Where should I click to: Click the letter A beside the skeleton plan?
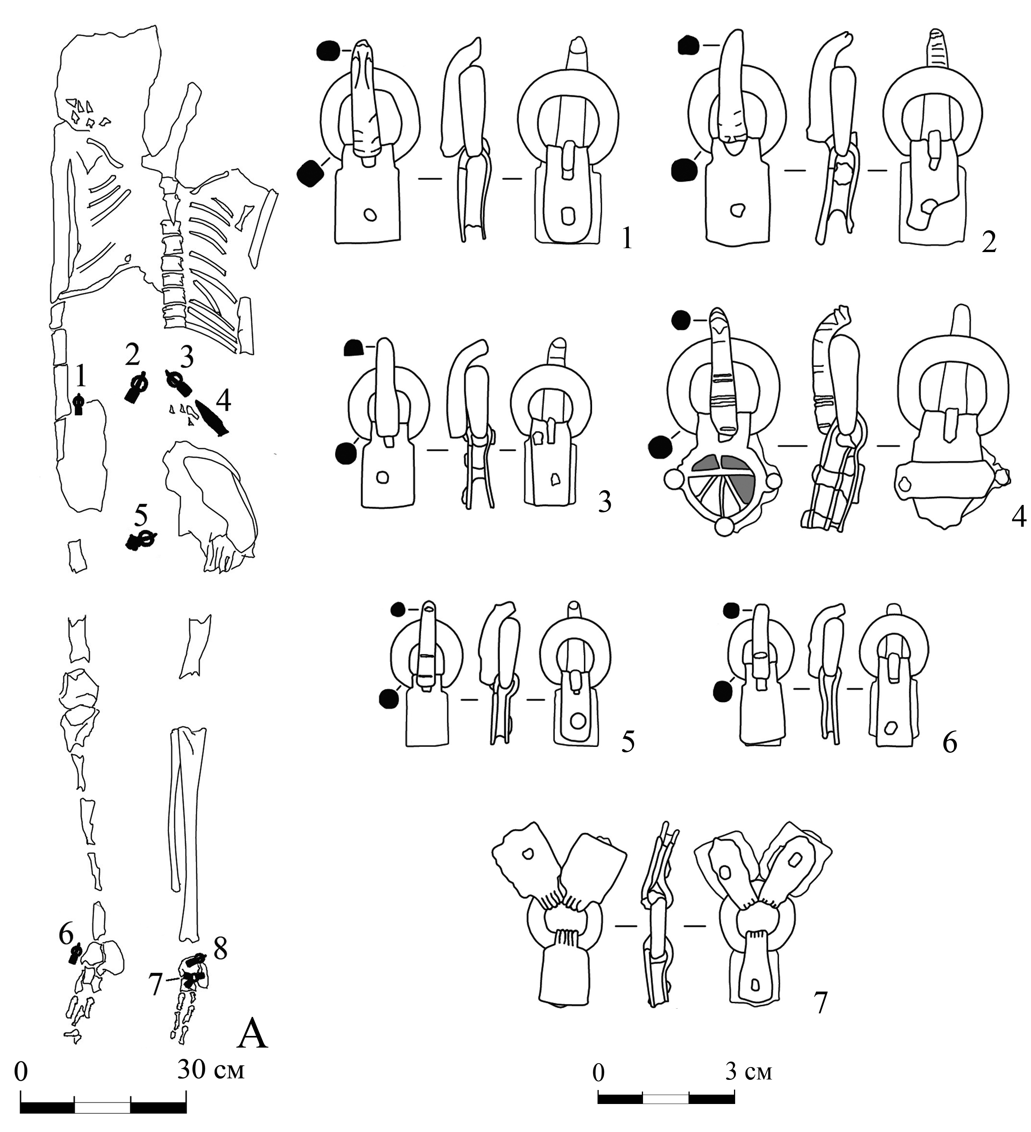pyautogui.click(x=253, y=1034)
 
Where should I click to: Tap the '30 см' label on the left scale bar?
pyautogui.click(x=211, y=1070)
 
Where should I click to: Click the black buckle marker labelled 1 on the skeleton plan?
pyautogui.click(x=79, y=404)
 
